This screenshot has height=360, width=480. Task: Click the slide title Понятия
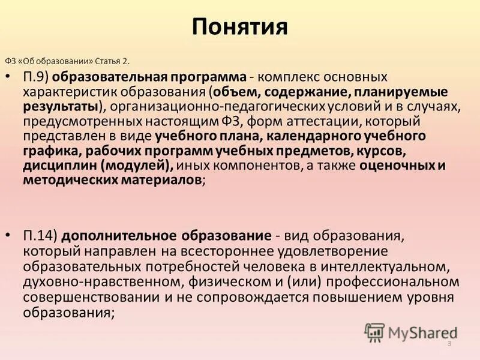click(240, 27)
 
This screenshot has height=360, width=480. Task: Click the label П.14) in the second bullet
click(43, 234)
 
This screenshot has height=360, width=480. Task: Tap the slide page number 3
click(449, 343)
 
